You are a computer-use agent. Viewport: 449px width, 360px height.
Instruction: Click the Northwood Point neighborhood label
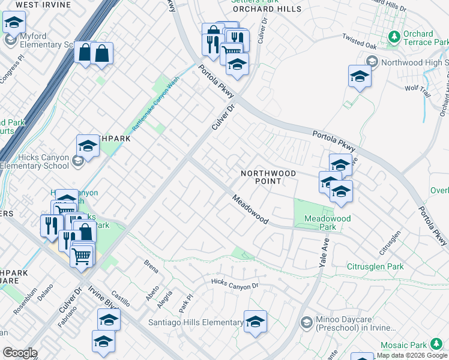268,177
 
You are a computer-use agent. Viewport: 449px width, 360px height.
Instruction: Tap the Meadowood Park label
327,223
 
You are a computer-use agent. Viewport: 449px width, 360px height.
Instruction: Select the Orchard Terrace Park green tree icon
394,37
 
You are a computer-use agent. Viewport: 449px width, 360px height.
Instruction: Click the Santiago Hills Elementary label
196,323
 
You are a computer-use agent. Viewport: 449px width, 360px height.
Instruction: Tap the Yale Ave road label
325,251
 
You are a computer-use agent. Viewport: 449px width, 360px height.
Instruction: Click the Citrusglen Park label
376,266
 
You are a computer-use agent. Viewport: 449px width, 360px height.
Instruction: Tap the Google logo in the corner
19,353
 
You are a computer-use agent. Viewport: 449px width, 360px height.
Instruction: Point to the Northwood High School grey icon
372,62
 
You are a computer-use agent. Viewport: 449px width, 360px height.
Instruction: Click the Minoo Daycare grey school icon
306,323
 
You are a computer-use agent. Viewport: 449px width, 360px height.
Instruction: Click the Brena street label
151,263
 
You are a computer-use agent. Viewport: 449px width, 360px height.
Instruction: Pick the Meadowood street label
250,209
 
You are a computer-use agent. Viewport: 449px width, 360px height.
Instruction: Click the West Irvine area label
40,4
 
